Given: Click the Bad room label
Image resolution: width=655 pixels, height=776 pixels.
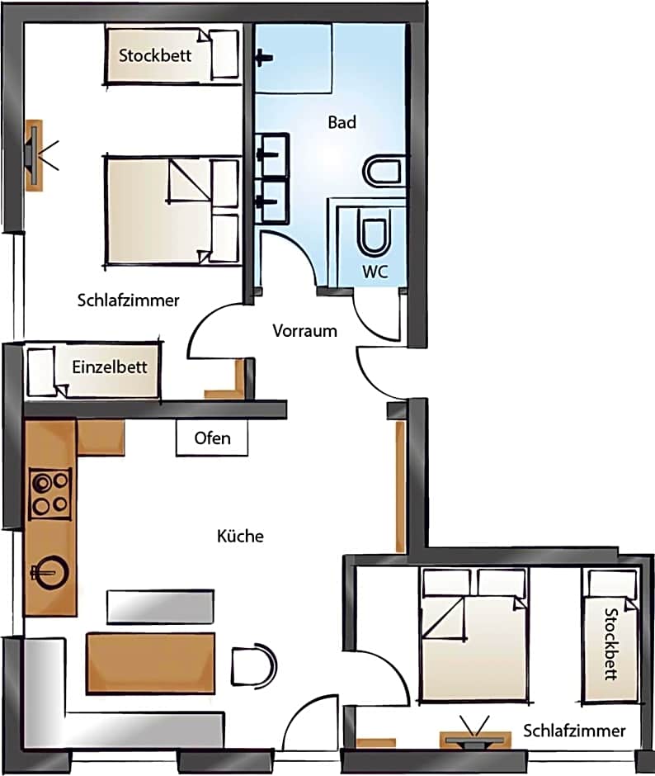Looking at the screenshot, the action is point(342,122).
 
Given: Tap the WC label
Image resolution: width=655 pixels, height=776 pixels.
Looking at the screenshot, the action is point(375,272).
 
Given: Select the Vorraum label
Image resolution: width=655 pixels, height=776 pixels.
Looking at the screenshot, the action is point(304,330).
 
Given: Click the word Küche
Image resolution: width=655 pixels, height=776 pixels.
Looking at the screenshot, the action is point(240,536).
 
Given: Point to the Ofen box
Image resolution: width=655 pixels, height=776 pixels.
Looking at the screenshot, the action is point(212,438).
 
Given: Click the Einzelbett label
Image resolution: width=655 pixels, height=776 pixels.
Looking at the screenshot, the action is point(110,367).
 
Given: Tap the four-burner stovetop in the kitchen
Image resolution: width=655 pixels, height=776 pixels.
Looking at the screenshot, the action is point(50,494).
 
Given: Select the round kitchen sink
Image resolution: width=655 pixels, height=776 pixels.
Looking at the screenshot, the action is point(51,573).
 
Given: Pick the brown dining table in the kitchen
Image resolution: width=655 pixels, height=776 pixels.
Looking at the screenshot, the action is point(151,663).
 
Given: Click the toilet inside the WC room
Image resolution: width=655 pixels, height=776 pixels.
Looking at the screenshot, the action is point(375,234).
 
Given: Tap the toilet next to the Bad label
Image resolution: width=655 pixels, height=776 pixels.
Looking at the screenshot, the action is point(384,172).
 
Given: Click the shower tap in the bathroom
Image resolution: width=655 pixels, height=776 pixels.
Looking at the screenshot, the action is point(263,58).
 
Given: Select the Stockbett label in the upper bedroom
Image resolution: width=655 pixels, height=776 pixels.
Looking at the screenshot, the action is point(155,55).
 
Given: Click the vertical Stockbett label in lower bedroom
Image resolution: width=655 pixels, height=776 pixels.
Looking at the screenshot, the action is point(611,645).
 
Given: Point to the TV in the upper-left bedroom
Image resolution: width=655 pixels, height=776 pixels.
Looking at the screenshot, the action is point(35,155).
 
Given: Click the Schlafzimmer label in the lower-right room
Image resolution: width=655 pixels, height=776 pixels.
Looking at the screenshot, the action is point(574,731).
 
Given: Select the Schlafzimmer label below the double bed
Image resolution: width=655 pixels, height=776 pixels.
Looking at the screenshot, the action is point(128,300).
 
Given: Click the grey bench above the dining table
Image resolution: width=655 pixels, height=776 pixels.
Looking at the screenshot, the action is point(160,606).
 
